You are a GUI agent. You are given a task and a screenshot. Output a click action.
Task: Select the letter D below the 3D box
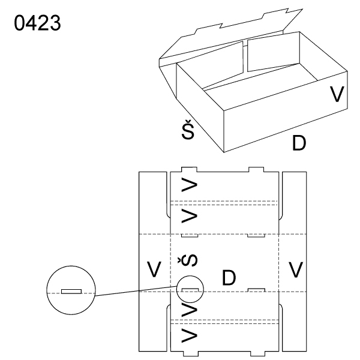point(300,144)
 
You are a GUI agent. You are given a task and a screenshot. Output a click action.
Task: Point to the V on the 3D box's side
point(338,94)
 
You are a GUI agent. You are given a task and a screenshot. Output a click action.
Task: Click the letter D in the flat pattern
point(229,277)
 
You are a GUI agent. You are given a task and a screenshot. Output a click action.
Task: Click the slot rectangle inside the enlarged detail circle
point(71,292)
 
